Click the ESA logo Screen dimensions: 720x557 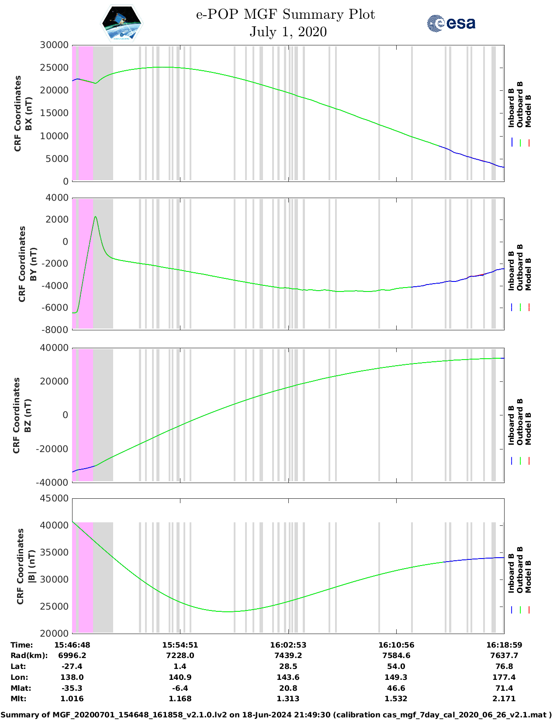pyautogui.click(x=451, y=23)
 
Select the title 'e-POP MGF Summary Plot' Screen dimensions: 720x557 pyautogui.click(x=285, y=14)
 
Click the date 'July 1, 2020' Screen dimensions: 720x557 pyautogui.click(x=288, y=32)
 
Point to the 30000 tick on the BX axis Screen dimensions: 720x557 pyautogui.click(x=54, y=45)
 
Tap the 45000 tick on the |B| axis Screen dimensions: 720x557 pyautogui.click(x=54, y=498)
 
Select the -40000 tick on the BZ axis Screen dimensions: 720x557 pyautogui.click(x=52, y=483)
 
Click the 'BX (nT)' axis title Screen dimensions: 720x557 pyautogui.click(x=29, y=113)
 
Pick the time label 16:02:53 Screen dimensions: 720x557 pyautogui.click(x=288, y=645)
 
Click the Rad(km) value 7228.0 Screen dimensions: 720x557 pyautogui.click(x=180, y=655)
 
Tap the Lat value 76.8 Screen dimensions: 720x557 pyautogui.click(x=504, y=666)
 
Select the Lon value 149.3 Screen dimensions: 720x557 pyautogui.click(x=396, y=677)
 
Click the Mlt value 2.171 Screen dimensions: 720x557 pyautogui.click(x=504, y=699)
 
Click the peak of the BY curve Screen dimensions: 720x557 pyautogui.click(x=95, y=216)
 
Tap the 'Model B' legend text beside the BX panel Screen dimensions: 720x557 pyautogui.click(x=528, y=111)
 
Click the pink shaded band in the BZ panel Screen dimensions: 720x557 pyautogui.click(x=86, y=415)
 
